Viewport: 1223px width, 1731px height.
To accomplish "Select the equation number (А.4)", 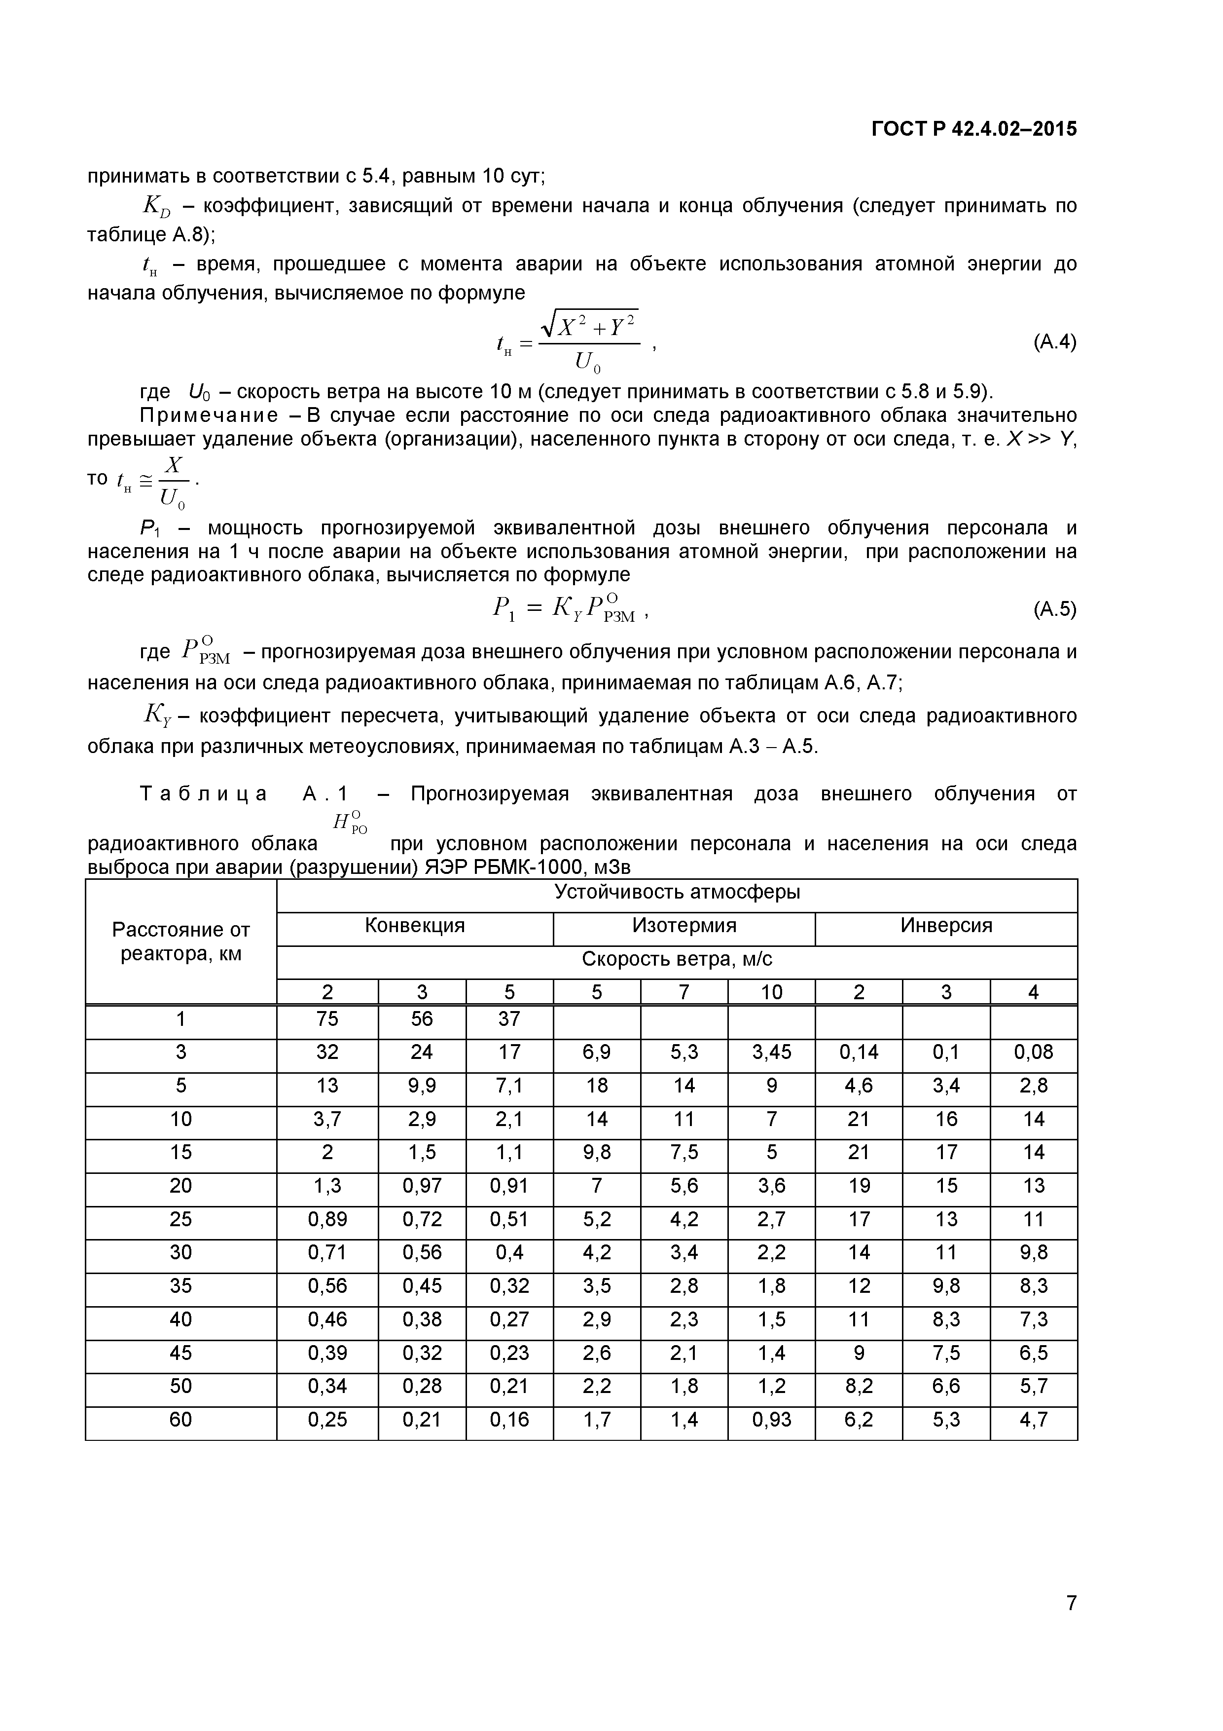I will [x=1054, y=342].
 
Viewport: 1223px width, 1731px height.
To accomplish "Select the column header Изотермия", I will [x=683, y=926].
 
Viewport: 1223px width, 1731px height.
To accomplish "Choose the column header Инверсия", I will [x=946, y=926].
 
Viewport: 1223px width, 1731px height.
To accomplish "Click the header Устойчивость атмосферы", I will [x=677, y=893].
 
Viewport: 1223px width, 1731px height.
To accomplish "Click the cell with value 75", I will [x=327, y=1019].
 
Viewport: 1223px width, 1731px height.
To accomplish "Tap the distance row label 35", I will [x=181, y=1286].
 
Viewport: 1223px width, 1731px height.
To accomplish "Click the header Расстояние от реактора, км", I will [x=181, y=941].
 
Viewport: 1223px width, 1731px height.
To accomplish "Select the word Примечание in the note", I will [x=209, y=416].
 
